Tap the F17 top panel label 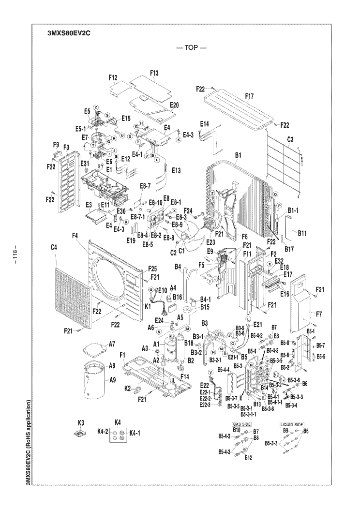249,96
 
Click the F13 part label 154,73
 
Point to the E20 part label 174,105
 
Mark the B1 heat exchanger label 238,156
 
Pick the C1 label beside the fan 182,251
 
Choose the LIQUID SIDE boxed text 292,423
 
